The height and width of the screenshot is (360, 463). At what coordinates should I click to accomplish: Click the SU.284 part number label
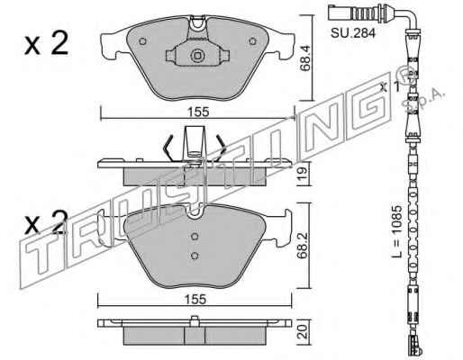pyautogui.click(x=353, y=33)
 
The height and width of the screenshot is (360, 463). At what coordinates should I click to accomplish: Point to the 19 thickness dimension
pyautogui.click(x=304, y=174)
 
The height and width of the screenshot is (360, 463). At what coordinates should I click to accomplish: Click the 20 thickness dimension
pyautogui.click(x=304, y=331)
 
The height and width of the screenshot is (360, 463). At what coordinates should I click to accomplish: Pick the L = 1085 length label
pyautogui.click(x=396, y=231)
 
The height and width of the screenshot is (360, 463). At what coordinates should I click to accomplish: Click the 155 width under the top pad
pyautogui.click(x=198, y=112)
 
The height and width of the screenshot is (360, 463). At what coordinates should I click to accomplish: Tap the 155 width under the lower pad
pyautogui.click(x=195, y=299)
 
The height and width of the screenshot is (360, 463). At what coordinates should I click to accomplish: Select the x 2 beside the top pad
pyautogui.click(x=47, y=44)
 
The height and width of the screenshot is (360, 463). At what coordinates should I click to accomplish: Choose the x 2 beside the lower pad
pyautogui.click(x=47, y=222)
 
